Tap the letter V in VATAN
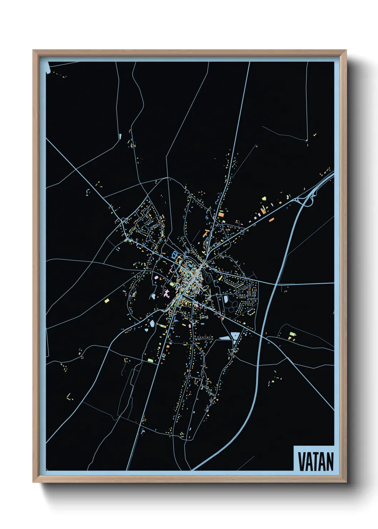[x=302, y=461]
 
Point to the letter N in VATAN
[x=329, y=461]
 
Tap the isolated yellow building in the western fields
[x=106, y=301]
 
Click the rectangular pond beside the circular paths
[x=226, y=298]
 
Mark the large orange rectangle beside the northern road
[x=221, y=214]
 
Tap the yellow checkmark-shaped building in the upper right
[x=315, y=135]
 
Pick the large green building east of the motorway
[x=292, y=334]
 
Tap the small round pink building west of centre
[x=156, y=276]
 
